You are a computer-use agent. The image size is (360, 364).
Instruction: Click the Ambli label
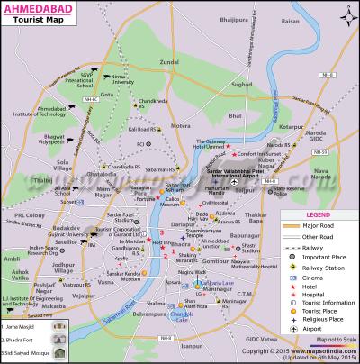point(11,260)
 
